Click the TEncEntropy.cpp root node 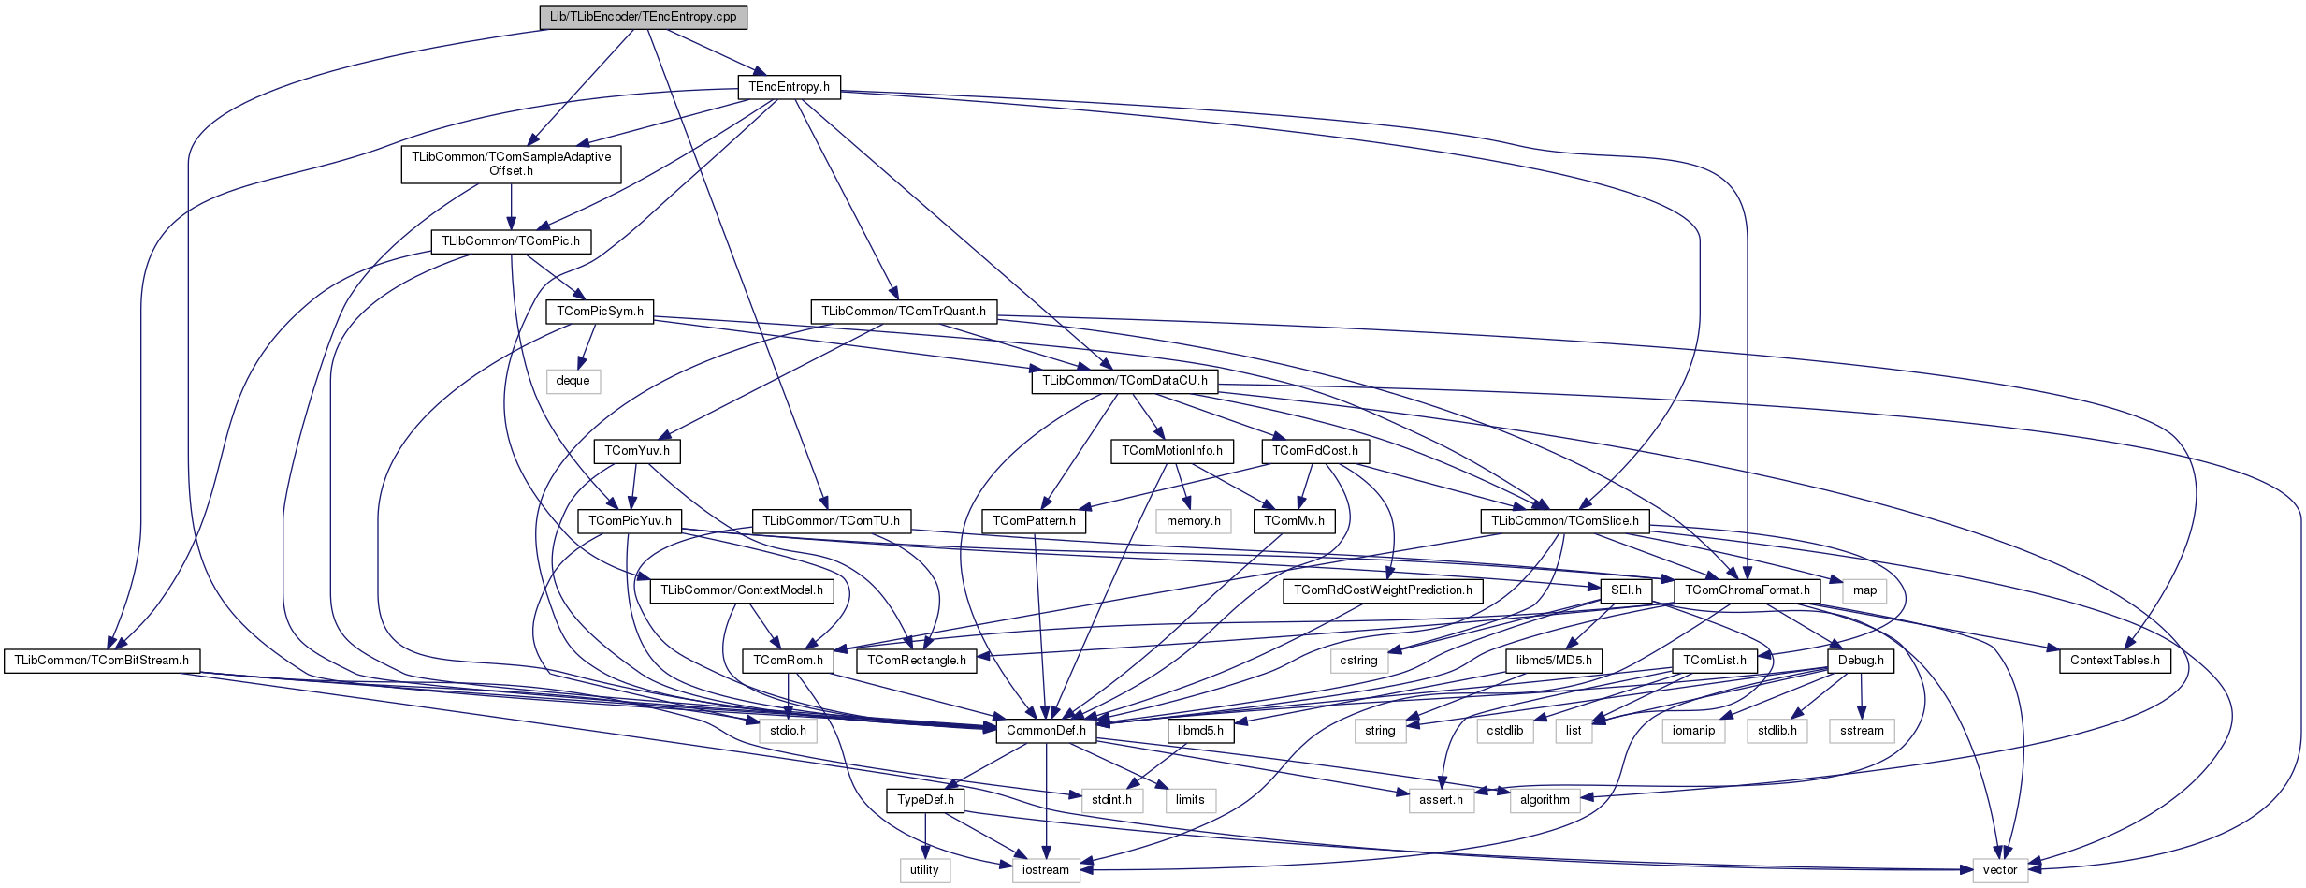tap(643, 17)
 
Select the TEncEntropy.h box tap(789, 87)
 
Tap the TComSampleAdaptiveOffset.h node tap(511, 164)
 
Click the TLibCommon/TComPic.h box tap(511, 241)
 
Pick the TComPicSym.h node tap(600, 312)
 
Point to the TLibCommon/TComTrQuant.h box tap(903, 312)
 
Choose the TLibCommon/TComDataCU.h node tap(1124, 381)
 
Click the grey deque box tap(573, 381)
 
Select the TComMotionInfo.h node tap(1171, 451)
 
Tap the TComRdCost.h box tap(1314, 451)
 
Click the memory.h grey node tap(1193, 521)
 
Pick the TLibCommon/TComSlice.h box tap(1564, 521)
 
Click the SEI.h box tap(1626, 590)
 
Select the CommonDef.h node tap(1046, 731)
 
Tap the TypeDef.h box tap(925, 800)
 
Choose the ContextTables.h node tap(2114, 661)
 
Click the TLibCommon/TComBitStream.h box tap(101, 661)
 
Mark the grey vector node tap(1999, 870)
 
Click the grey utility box tap(924, 870)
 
